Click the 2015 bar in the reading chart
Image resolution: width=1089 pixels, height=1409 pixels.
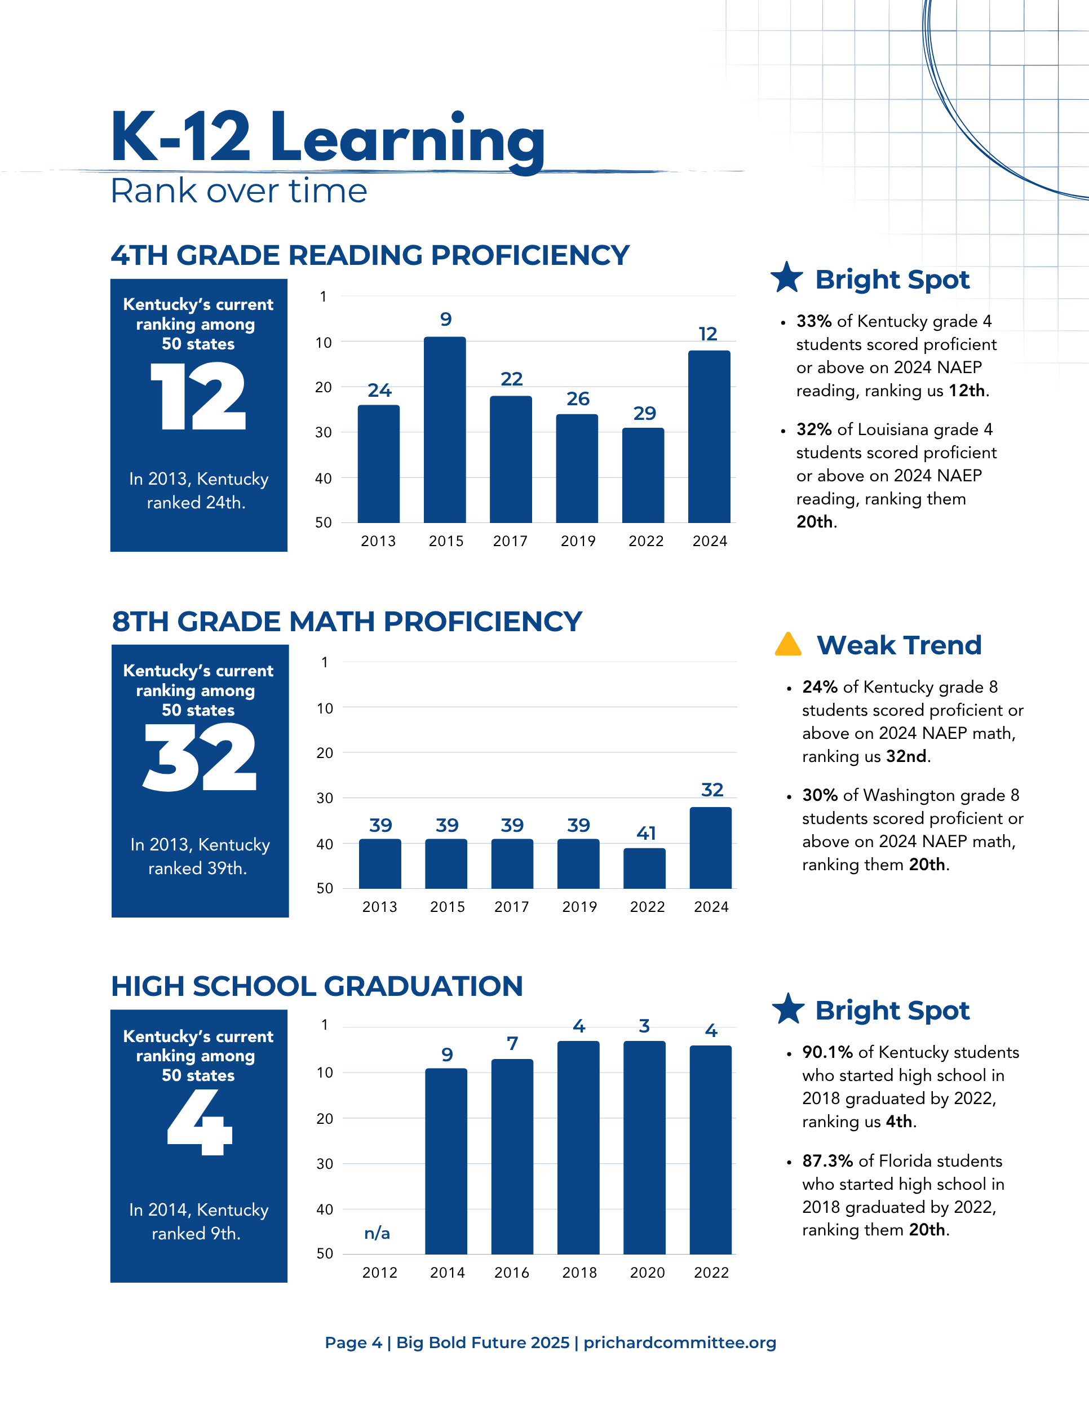445,429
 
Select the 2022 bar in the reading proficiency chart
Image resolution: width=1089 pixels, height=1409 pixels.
643,476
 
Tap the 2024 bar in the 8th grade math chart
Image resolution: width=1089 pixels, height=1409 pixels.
710,848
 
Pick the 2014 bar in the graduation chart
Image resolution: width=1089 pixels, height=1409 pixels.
446,1161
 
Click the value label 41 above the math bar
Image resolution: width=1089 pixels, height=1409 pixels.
646,833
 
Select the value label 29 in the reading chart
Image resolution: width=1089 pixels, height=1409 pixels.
644,413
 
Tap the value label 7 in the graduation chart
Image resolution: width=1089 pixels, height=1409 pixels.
512,1043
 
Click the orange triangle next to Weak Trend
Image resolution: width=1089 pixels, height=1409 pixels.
787,645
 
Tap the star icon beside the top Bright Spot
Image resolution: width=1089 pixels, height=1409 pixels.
787,277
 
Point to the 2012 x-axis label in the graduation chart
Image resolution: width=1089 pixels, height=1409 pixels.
380,1272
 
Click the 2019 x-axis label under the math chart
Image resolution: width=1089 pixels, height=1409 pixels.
579,906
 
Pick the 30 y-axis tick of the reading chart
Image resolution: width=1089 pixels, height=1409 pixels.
323,432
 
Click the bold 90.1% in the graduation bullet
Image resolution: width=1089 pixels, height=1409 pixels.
827,1052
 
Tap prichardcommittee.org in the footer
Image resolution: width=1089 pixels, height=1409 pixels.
679,1342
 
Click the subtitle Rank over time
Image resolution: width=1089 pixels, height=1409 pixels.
238,191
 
